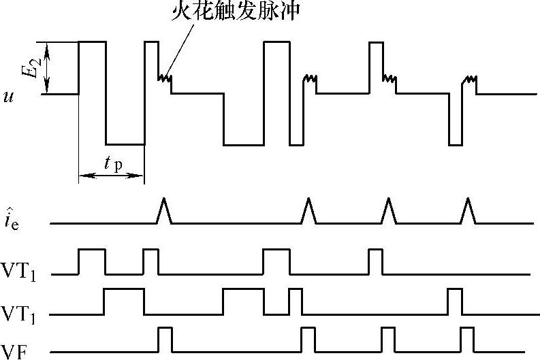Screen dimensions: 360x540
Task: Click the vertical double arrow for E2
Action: [x=47, y=68]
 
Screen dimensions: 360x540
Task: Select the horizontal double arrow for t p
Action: [x=112, y=177]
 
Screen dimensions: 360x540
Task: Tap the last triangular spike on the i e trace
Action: [x=468, y=211]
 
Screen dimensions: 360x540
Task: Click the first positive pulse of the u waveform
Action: [x=93, y=67]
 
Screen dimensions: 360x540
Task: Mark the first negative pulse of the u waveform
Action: [x=125, y=119]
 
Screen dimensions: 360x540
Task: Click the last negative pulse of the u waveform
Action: [x=454, y=119]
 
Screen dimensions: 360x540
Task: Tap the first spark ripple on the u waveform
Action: [x=164, y=79]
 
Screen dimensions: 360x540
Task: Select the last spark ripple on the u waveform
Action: [x=469, y=79]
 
